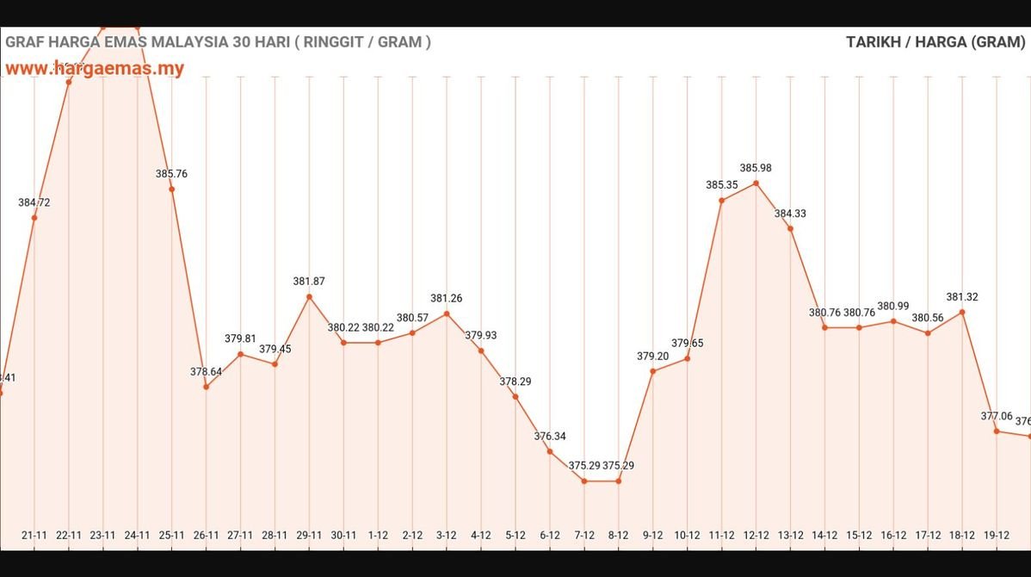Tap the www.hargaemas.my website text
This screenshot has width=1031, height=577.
(x=95, y=68)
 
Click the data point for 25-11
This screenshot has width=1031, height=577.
(x=171, y=189)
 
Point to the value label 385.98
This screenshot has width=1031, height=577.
(x=756, y=168)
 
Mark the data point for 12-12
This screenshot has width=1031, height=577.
(x=756, y=183)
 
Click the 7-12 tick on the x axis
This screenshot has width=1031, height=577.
(x=583, y=535)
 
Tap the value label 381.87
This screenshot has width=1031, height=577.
(x=309, y=281)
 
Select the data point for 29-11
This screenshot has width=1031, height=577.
(x=309, y=297)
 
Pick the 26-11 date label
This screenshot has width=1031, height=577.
(x=206, y=535)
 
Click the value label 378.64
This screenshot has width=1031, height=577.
(x=206, y=371)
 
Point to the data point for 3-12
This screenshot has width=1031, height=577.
(x=447, y=313)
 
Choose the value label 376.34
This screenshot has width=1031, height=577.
(x=550, y=436)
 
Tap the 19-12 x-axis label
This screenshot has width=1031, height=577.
(x=996, y=535)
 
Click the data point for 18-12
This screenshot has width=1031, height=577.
(x=962, y=312)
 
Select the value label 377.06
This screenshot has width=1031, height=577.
(x=997, y=416)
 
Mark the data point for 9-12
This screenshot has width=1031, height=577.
(x=652, y=371)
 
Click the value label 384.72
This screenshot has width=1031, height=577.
(x=34, y=202)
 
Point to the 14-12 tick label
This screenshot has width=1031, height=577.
(x=824, y=535)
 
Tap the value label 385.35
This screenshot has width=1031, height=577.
(x=721, y=184)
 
